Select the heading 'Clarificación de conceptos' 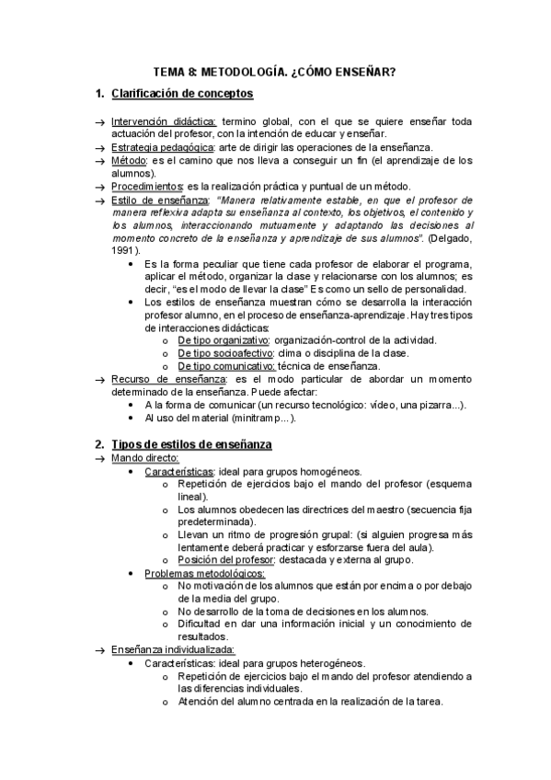(x=182, y=94)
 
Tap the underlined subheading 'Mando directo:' (x=145, y=458)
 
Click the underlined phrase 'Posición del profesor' (x=227, y=560)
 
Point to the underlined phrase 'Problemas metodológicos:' (x=204, y=573)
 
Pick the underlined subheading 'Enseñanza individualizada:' (x=172, y=649)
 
